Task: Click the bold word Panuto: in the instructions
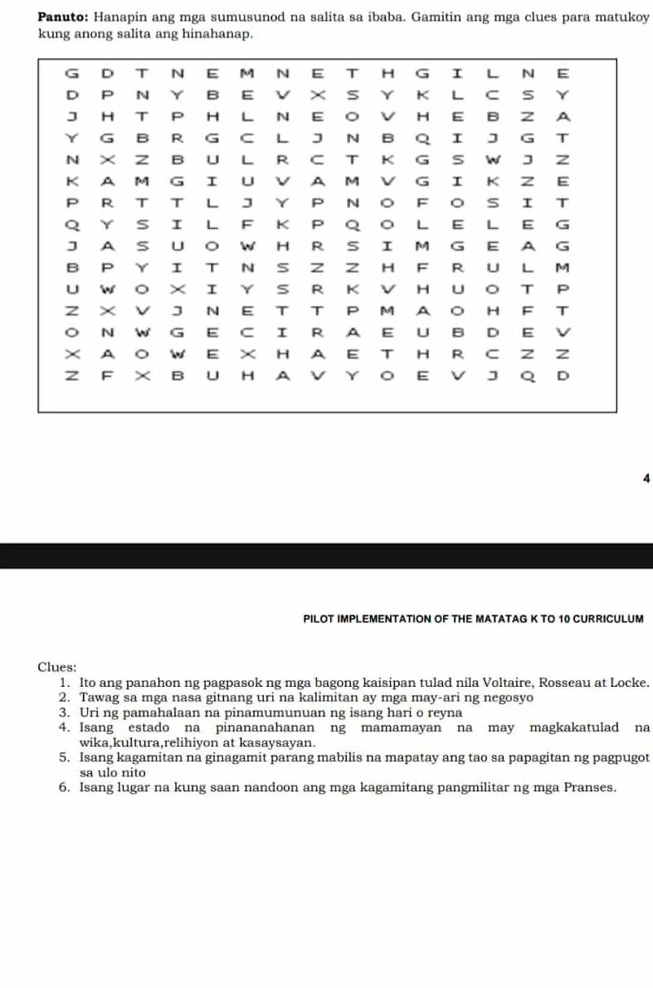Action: [x=61, y=18]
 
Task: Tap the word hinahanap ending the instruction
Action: [x=220, y=35]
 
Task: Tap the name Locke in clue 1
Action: [x=626, y=683]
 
